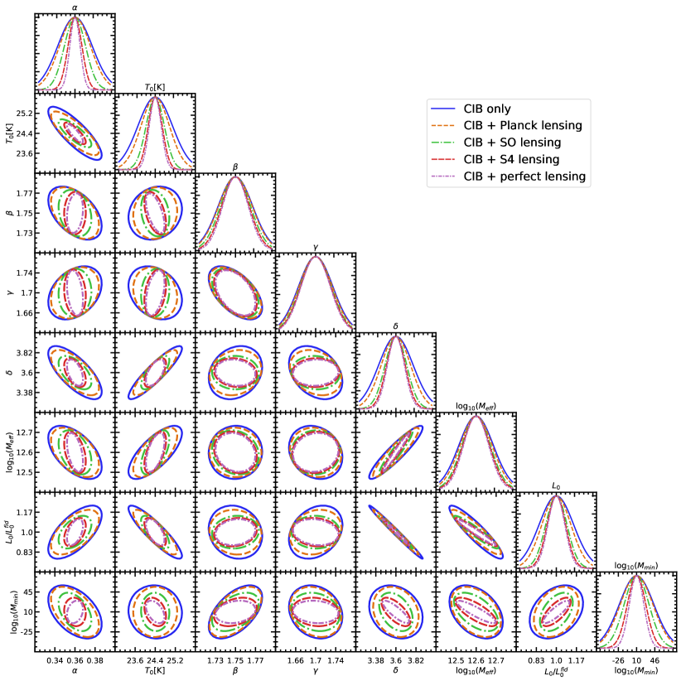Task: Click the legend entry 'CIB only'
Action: coord(487,109)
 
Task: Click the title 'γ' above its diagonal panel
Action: coord(316,246)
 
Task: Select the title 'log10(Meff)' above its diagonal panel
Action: coord(476,406)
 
